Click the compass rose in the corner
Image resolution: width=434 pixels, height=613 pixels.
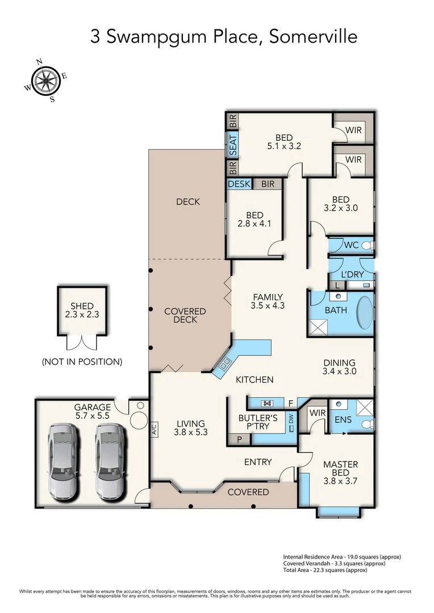click(46, 81)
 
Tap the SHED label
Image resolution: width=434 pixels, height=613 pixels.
click(82, 306)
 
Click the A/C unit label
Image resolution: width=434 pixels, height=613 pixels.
click(154, 429)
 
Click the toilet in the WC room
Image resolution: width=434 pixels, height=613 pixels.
click(367, 246)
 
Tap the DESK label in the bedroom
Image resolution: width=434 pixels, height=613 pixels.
click(239, 184)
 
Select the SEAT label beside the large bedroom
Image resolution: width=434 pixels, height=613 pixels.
click(233, 145)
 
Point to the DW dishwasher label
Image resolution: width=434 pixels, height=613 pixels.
click(291, 421)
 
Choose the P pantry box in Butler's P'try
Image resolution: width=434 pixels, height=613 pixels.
click(240, 439)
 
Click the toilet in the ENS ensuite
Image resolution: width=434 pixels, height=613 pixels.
click(367, 424)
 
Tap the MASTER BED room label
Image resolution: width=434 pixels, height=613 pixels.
click(340, 469)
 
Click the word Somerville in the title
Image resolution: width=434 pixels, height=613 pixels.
click(314, 37)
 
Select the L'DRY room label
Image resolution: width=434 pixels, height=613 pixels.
click(352, 275)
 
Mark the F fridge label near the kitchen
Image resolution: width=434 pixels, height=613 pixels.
click(291, 403)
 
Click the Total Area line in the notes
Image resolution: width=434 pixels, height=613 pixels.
click(325, 570)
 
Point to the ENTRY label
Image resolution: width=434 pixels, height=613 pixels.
click(258, 462)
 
